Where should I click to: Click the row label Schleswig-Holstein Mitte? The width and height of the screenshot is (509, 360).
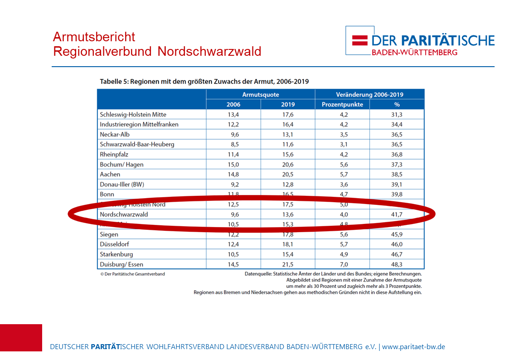pyautogui.click(x=133, y=114)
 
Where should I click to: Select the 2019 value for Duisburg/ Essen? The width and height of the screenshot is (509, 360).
pyautogui.click(x=288, y=264)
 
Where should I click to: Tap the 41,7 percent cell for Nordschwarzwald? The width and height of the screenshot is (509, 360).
pyautogui.click(x=397, y=214)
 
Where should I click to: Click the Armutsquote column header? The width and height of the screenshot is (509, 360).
pyautogui.click(x=261, y=95)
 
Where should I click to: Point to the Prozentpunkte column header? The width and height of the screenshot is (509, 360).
pyautogui.click(x=342, y=105)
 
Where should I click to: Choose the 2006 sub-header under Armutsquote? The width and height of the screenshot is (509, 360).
pyautogui.click(x=233, y=105)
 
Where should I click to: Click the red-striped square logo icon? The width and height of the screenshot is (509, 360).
pyautogui.click(x=360, y=40)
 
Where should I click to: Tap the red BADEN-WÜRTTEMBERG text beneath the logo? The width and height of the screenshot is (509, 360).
pyautogui.click(x=414, y=52)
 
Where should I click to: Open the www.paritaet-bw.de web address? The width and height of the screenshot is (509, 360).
pyautogui.click(x=414, y=347)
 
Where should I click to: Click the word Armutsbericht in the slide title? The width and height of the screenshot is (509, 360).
pyautogui.click(x=94, y=37)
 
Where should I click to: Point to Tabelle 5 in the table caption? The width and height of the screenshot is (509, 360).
pyautogui.click(x=115, y=82)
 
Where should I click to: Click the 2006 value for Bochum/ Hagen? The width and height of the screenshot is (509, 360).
pyautogui.click(x=233, y=164)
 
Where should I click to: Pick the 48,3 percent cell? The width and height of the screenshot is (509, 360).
pyautogui.click(x=397, y=264)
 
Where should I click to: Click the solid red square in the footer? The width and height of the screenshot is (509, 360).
pyautogui.click(x=21, y=338)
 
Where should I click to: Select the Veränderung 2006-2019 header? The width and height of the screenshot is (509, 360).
pyautogui.click(x=369, y=95)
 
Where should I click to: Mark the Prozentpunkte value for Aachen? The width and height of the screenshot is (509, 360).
pyautogui.click(x=342, y=174)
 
